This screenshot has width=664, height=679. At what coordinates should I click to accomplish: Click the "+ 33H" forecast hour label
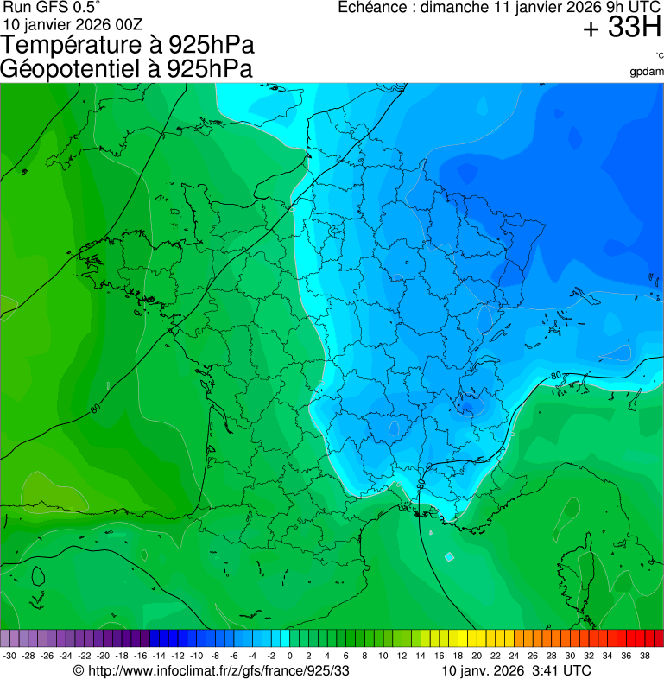point(622,29)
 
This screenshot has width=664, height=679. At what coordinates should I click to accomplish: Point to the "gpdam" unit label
point(647,71)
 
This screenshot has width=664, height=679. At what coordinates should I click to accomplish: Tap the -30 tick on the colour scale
point(10,656)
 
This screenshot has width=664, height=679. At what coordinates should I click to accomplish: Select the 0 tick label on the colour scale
point(289,656)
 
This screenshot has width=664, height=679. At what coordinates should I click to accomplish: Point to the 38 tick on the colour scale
point(644,656)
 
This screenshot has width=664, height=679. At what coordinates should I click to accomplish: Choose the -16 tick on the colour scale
point(141,656)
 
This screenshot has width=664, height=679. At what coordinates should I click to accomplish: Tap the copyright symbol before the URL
point(79,670)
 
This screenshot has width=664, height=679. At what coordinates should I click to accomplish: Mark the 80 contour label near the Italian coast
point(555,376)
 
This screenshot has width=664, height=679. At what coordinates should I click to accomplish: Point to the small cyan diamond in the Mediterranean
point(448,556)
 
